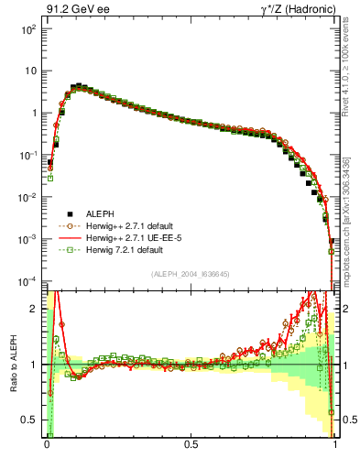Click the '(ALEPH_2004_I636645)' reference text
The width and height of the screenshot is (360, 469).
coord(190,272)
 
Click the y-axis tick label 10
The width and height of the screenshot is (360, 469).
coord(29,71)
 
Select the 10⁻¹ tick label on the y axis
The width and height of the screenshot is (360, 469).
coord(27,155)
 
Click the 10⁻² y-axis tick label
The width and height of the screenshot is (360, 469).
coord(27,197)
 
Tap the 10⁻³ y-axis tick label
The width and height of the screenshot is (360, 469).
coord(27,239)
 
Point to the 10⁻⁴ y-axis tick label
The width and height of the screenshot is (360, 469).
coord(27,281)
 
